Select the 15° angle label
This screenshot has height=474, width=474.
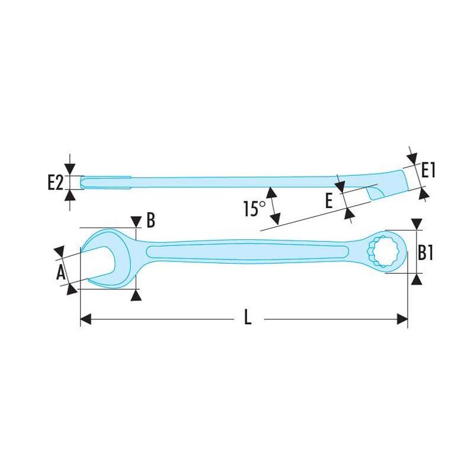(x=254, y=209)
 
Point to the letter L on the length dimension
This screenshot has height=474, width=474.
(x=248, y=318)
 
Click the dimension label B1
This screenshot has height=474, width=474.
(x=427, y=253)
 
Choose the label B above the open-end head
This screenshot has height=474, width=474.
(x=150, y=220)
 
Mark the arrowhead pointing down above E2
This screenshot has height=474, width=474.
(x=70, y=169)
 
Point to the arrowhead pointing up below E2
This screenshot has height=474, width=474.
(x=70, y=195)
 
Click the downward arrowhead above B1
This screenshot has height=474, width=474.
(x=417, y=225)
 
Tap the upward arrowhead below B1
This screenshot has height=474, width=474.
(x=417, y=278)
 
